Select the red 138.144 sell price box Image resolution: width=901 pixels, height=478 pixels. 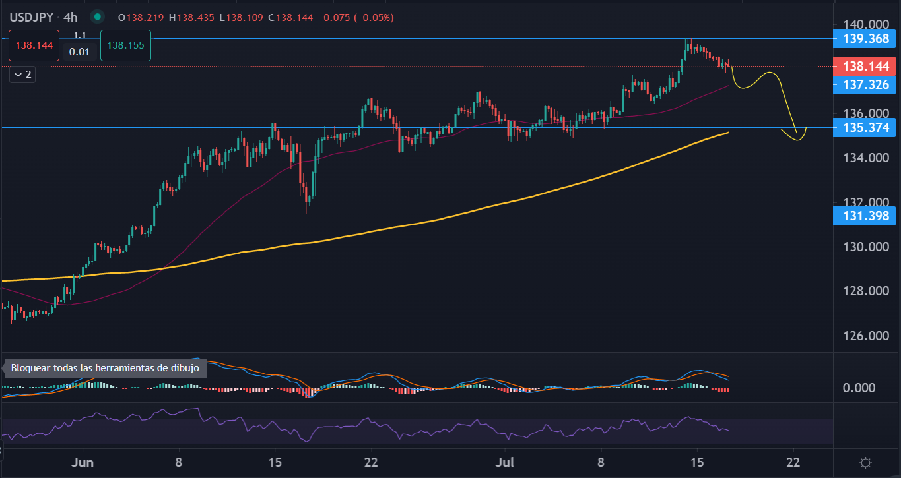[34, 45]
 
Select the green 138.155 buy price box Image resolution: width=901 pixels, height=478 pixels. [125, 45]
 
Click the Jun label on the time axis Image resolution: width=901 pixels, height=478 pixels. [83, 462]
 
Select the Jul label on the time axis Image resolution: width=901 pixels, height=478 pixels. [505, 462]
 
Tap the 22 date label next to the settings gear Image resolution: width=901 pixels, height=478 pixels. [793, 462]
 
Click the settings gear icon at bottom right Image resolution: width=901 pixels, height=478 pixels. [867, 462]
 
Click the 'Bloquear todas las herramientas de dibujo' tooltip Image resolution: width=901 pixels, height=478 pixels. [105, 368]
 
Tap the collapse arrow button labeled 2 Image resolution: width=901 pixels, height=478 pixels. [22, 75]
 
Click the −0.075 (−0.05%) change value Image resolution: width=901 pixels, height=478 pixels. [356, 17]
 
